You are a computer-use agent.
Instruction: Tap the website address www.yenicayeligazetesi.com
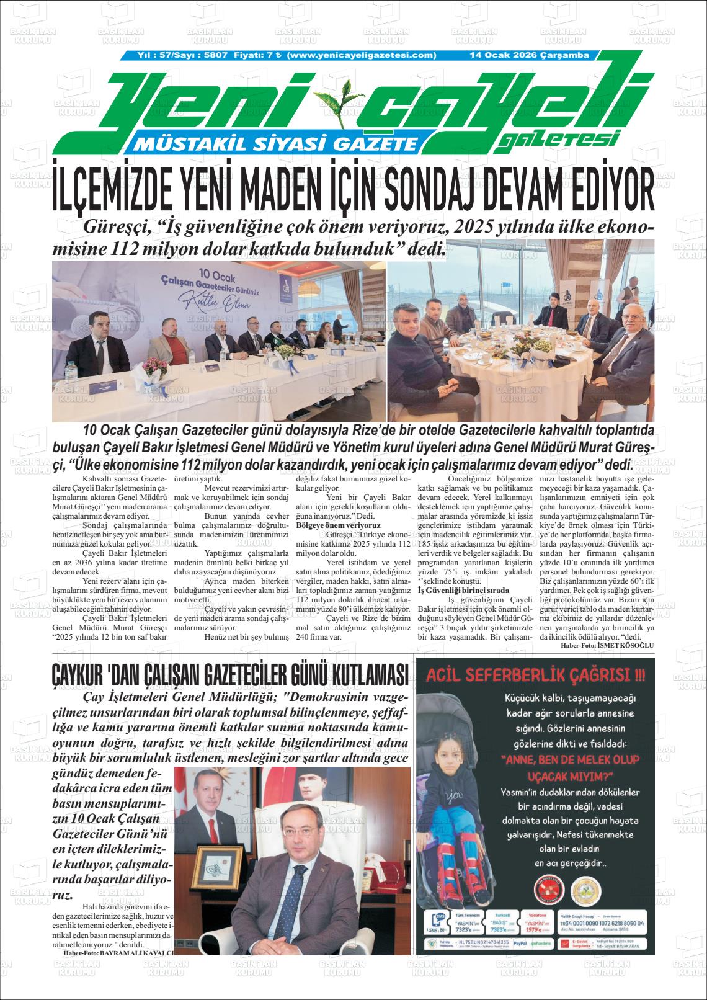(363, 55)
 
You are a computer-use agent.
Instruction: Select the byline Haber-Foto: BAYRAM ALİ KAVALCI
(118, 952)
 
